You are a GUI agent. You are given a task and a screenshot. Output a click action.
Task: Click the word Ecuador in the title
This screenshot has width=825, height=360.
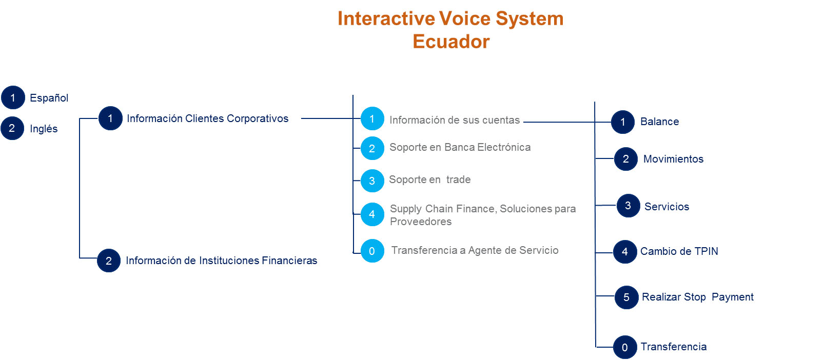[451, 41]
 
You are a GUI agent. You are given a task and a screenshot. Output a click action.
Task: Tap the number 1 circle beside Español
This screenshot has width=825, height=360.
[13, 97]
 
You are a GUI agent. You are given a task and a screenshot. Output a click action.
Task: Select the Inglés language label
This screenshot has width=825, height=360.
[44, 129]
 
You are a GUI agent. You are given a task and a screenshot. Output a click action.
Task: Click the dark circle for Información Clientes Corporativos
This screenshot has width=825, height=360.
[110, 118]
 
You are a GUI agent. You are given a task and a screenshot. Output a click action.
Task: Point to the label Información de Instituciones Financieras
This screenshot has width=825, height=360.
[221, 261]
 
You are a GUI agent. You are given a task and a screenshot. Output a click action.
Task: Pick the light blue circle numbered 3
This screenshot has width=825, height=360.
[372, 181]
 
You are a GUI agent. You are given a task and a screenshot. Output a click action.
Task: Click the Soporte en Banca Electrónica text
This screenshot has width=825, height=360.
[460, 147]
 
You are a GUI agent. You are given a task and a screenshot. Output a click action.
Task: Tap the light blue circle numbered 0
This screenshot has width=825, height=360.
[372, 251]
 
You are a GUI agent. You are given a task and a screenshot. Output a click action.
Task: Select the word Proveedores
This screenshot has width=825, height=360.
[421, 222]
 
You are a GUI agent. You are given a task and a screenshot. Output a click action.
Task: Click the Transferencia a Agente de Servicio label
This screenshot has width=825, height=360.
[475, 250]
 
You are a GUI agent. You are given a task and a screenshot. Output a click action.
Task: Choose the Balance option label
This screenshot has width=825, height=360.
[659, 122]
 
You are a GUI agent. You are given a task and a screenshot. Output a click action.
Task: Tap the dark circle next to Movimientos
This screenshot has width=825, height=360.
[626, 159]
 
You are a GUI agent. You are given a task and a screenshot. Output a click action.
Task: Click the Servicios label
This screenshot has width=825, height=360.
[666, 207]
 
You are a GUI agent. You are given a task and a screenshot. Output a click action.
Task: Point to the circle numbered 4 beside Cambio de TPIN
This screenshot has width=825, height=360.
[625, 252]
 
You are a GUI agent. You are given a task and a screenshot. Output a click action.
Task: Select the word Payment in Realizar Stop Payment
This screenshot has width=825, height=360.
[733, 297]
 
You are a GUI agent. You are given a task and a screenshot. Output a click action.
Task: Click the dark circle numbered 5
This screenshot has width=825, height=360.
[626, 297]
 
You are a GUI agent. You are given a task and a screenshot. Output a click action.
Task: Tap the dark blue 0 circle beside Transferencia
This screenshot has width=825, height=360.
[625, 347]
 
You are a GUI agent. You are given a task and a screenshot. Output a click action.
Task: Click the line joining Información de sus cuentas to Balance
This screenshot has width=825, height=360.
[567, 122]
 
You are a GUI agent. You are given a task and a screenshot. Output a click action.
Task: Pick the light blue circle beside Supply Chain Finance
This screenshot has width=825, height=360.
[372, 214]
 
